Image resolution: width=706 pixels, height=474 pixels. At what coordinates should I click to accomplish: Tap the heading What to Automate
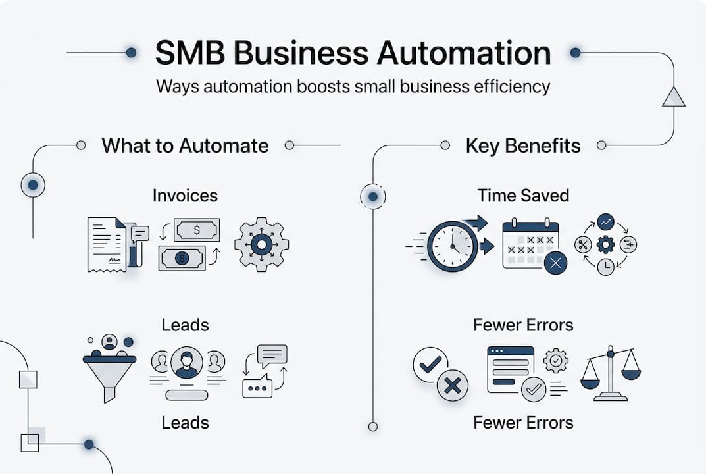point(185,145)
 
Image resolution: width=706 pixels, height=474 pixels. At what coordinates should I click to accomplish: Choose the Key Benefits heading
point(523,145)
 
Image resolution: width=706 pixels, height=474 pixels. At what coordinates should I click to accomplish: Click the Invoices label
point(185,196)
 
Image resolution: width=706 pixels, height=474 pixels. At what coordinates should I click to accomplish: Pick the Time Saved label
point(523,196)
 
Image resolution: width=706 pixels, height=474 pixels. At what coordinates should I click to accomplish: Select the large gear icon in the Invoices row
point(261,245)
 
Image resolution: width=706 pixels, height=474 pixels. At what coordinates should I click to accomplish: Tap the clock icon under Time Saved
point(452,246)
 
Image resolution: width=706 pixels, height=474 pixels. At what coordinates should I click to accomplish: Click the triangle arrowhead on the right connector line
point(674,97)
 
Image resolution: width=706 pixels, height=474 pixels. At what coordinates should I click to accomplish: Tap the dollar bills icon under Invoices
point(189,244)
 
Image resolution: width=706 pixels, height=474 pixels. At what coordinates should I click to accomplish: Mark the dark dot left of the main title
point(131,53)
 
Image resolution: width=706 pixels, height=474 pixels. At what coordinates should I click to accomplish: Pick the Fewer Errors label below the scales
point(523,422)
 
